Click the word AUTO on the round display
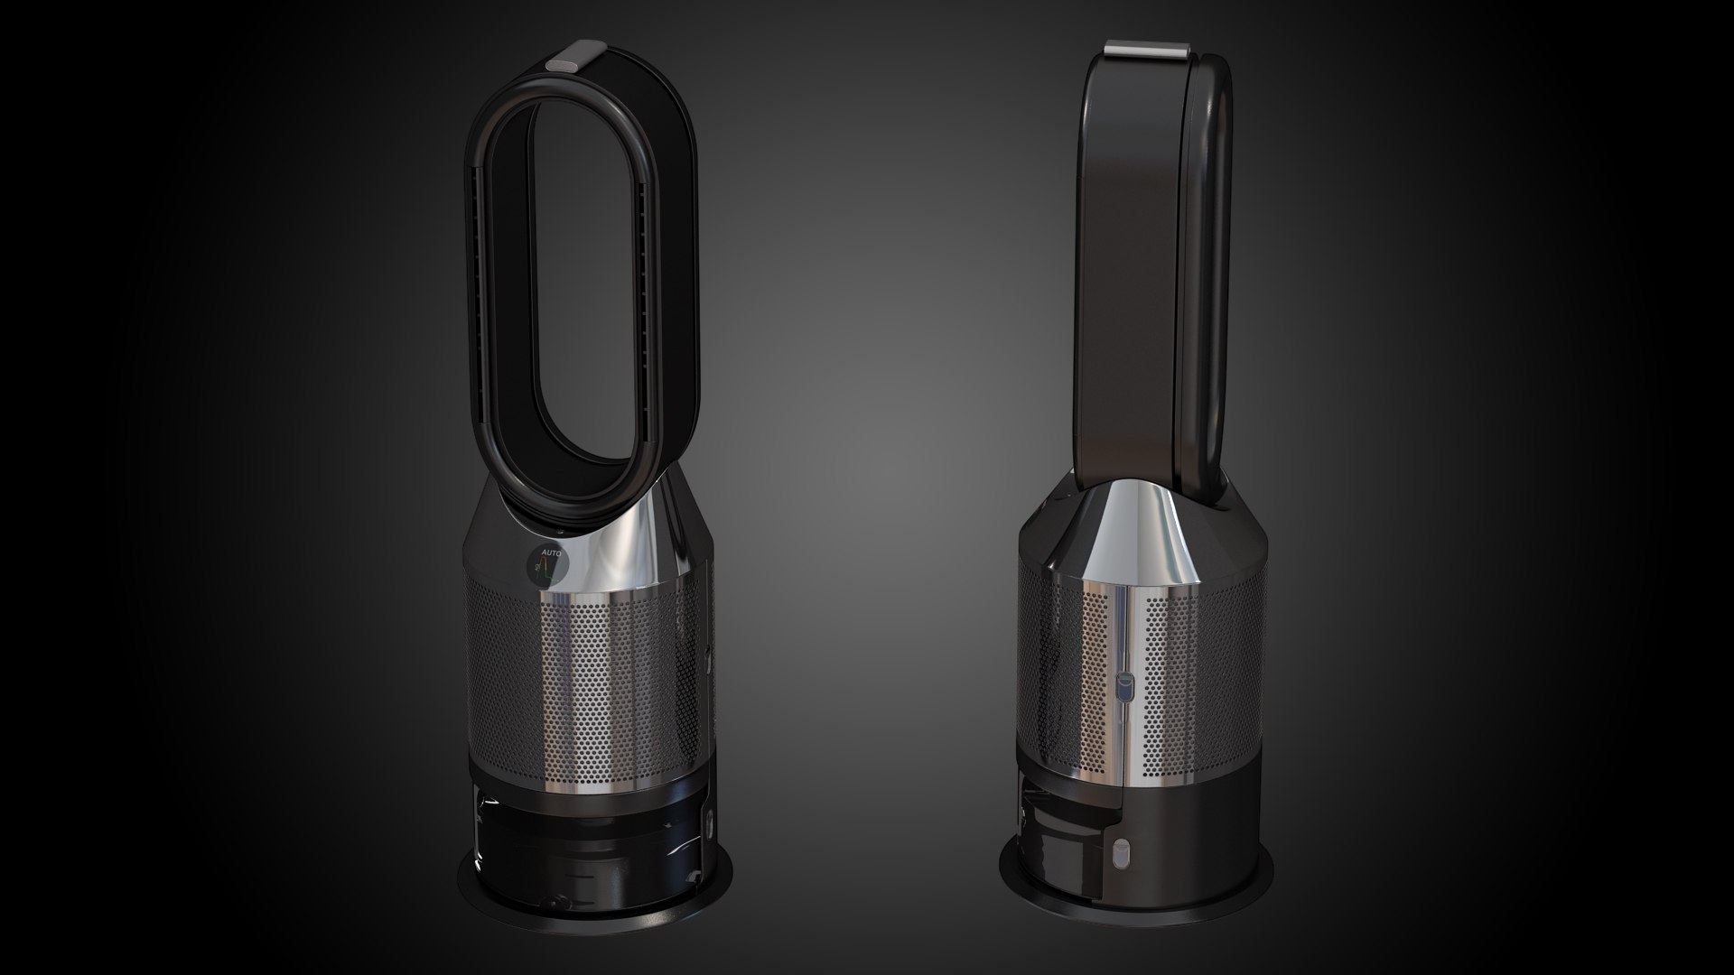[x=550, y=552]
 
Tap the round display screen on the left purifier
[x=548, y=565]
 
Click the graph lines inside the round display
[x=545, y=570]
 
